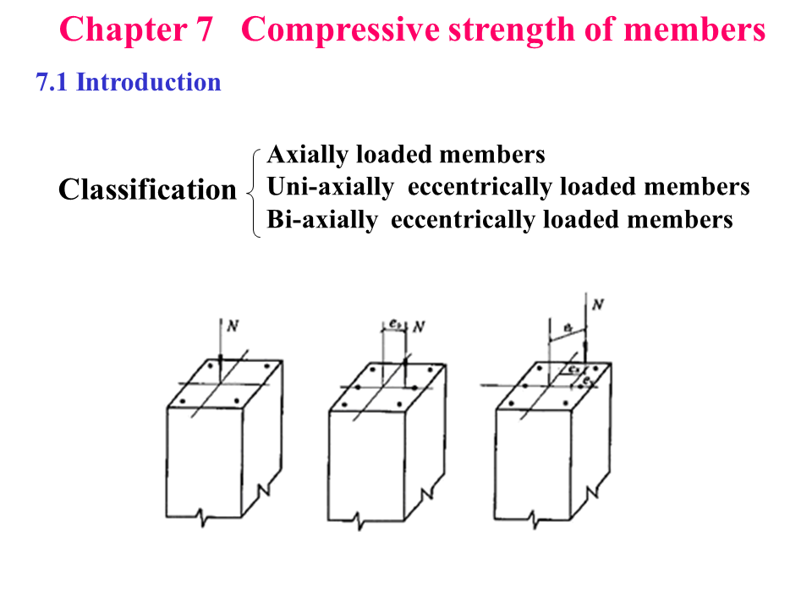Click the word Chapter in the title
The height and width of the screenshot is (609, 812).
click(x=118, y=30)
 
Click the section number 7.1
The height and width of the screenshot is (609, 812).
click(x=52, y=82)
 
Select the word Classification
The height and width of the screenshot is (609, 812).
click(x=147, y=189)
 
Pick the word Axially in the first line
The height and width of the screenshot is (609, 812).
click(x=307, y=156)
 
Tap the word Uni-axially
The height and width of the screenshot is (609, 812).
click(x=331, y=187)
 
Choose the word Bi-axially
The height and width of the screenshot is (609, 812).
click(x=322, y=220)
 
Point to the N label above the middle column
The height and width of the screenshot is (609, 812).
click(x=418, y=326)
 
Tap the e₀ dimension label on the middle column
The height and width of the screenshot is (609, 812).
click(x=395, y=323)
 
